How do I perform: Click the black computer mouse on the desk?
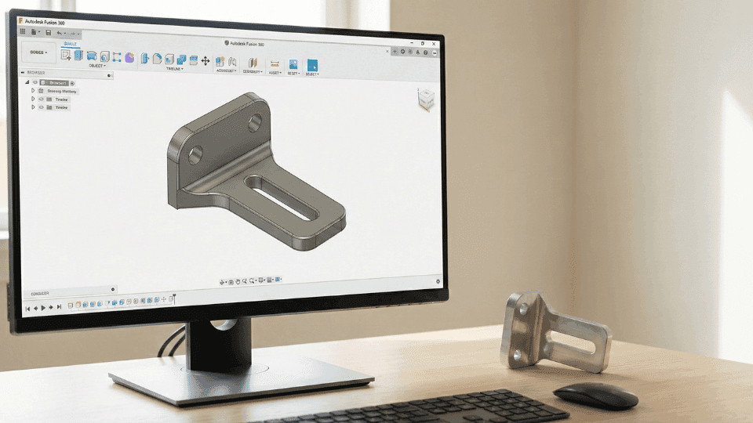pos(595,395)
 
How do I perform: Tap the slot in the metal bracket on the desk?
pos(578,340)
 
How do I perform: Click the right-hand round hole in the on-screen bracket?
pos(256,123)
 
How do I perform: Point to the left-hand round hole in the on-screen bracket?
pos(195,153)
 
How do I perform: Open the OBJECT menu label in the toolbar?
pos(97,66)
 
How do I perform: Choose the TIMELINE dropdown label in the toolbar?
pos(174,69)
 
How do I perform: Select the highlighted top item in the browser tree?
pos(56,82)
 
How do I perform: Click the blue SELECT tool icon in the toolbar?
pos(312,65)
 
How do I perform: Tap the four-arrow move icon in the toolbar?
pos(206,60)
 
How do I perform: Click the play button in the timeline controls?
pos(43,307)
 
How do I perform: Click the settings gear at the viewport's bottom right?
pos(438,281)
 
